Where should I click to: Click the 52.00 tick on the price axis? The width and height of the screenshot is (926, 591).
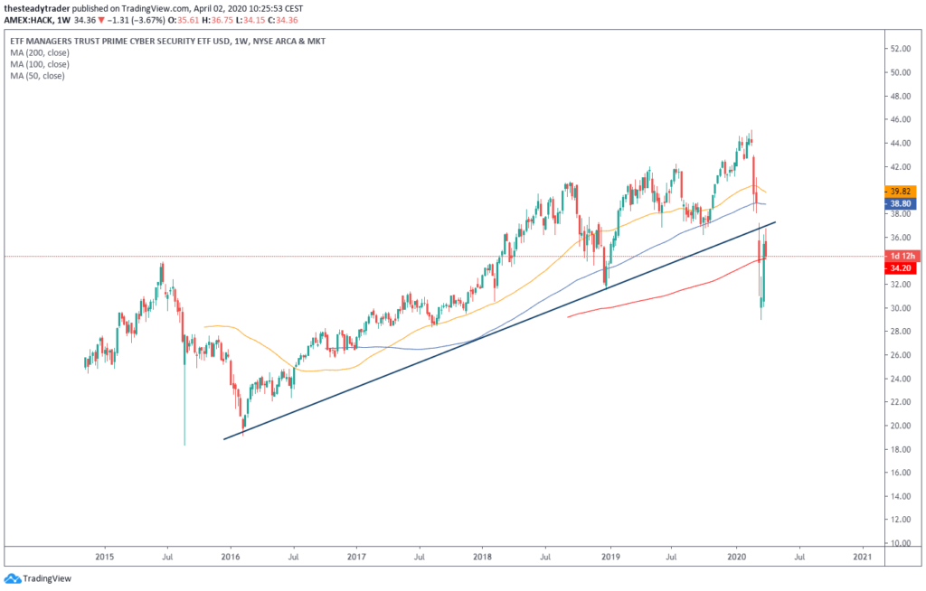tap(901, 49)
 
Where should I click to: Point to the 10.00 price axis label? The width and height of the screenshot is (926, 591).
tap(901, 543)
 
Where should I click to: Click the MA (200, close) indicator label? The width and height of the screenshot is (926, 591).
tap(40, 53)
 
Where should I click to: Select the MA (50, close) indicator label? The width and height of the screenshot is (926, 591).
tap(37, 76)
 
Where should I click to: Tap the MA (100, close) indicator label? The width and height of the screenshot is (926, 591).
tap(40, 64)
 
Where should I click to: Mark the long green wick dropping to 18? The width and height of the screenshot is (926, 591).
tap(184, 407)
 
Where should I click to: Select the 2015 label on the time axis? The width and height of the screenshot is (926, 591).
tap(104, 558)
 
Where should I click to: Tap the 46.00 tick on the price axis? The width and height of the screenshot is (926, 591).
tap(901, 119)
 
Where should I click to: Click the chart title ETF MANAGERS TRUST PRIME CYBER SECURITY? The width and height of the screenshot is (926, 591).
tap(136, 42)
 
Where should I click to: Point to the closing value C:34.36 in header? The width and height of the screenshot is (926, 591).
tap(312, 19)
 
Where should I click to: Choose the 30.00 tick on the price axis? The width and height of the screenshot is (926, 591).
tap(901, 308)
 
